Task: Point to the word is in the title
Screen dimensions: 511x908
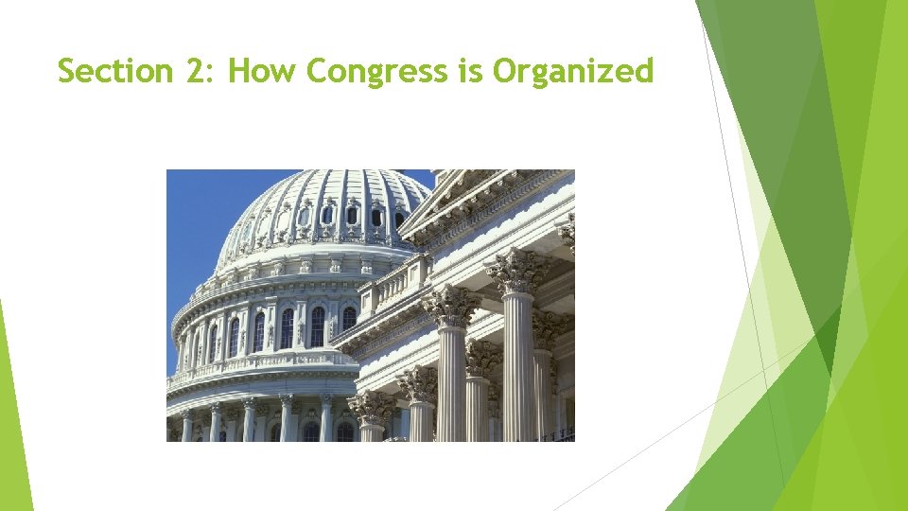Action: click(x=470, y=71)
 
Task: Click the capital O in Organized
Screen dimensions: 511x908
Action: click(x=504, y=71)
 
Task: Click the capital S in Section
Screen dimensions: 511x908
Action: click(x=66, y=71)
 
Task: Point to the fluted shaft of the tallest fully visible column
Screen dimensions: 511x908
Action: click(x=518, y=369)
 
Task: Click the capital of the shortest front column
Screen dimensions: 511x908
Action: click(x=369, y=407)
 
